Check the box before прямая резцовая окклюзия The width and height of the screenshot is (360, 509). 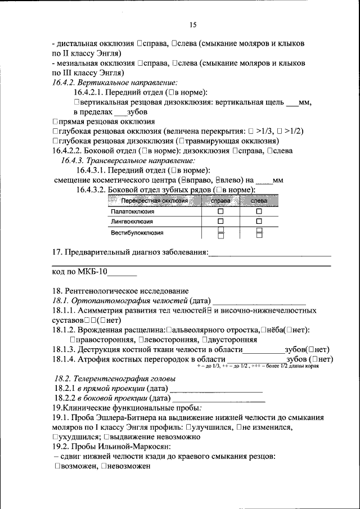tap(55, 121)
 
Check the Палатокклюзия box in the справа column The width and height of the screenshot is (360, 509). tap(220, 211)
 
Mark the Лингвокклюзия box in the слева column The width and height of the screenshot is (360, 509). tap(259, 222)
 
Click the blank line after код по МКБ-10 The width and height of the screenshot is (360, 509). tap(122, 274)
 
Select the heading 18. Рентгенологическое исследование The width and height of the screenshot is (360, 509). tap(120, 291)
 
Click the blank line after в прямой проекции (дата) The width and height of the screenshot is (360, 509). tap(216, 390)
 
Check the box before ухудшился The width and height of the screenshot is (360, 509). tap(55, 436)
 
